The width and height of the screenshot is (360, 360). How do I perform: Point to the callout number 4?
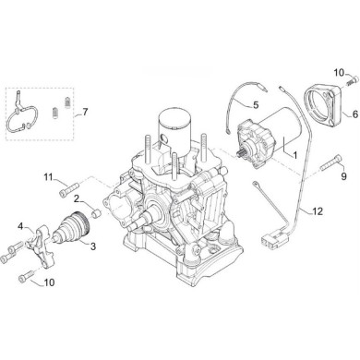point(20,225)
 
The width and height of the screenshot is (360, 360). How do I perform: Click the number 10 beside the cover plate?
point(338,71)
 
